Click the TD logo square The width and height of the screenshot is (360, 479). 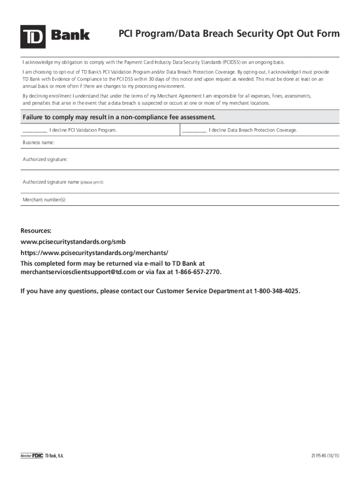pos(33,36)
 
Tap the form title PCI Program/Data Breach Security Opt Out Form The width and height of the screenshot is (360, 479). pos(229,34)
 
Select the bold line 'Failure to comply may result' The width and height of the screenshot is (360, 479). pos(119,117)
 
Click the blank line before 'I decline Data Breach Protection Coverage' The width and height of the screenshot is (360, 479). pos(194,131)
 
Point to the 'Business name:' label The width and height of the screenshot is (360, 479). pos(39,142)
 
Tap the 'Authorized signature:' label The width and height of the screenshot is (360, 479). pos(45,160)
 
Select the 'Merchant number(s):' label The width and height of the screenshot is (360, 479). pos(44,200)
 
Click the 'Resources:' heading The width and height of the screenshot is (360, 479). pos(36,231)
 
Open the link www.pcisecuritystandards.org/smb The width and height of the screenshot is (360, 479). pos(73,242)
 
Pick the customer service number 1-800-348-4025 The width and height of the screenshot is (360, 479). pos(277,291)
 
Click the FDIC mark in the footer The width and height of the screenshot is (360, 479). pos(37,456)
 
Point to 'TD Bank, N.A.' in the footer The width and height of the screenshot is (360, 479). pos(54,456)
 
